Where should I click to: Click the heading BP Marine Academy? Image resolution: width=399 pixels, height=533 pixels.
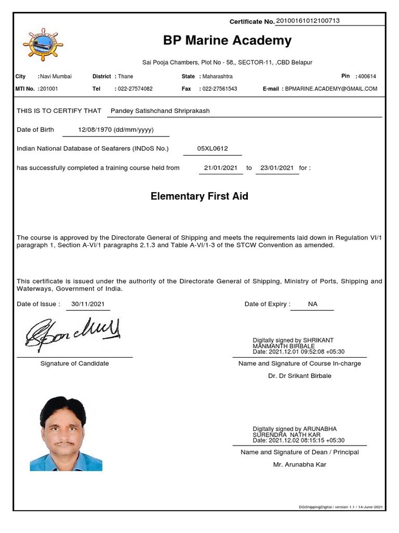pyautogui.click(x=227, y=41)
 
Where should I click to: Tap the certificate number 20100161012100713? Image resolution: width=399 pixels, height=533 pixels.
pyautogui.click(x=308, y=21)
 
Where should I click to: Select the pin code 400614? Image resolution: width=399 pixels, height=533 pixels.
pyautogui.click(x=367, y=76)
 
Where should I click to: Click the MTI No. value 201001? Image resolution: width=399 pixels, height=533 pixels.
pyautogui.click(x=49, y=89)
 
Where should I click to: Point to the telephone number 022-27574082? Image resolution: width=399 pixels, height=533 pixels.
pyautogui.click(x=135, y=89)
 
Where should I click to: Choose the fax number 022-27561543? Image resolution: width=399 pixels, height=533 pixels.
pyautogui.click(x=220, y=89)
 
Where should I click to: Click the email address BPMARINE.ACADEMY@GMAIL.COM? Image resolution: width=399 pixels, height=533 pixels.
pyautogui.click(x=331, y=89)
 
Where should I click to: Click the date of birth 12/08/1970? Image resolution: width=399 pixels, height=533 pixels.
pyautogui.click(x=116, y=130)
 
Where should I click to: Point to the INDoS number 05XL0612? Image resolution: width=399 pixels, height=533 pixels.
pyautogui.click(x=212, y=148)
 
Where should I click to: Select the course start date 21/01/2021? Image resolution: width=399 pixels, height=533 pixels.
pyautogui.click(x=221, y=168)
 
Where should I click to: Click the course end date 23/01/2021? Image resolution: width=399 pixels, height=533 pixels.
pyautogui.click(x=277, y=168)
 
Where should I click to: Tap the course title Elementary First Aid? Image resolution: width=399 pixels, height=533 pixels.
pyautogui.click(x=199, y=196)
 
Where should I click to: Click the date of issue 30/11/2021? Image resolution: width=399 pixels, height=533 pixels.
pyautogui.click(x=88, y=304)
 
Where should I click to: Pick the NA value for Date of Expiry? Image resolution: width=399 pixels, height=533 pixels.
pyautogui.click(x=312, y=304)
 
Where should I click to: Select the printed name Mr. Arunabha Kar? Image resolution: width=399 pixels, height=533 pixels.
pyautogui.click(x=300, y=464)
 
